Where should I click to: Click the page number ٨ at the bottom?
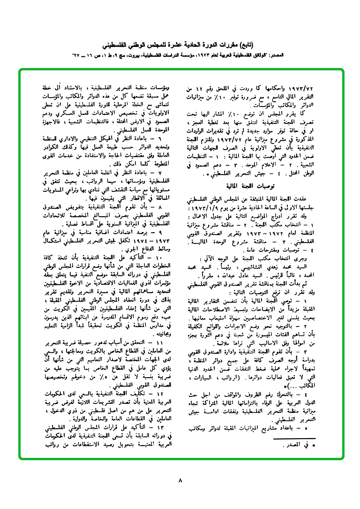180,480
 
